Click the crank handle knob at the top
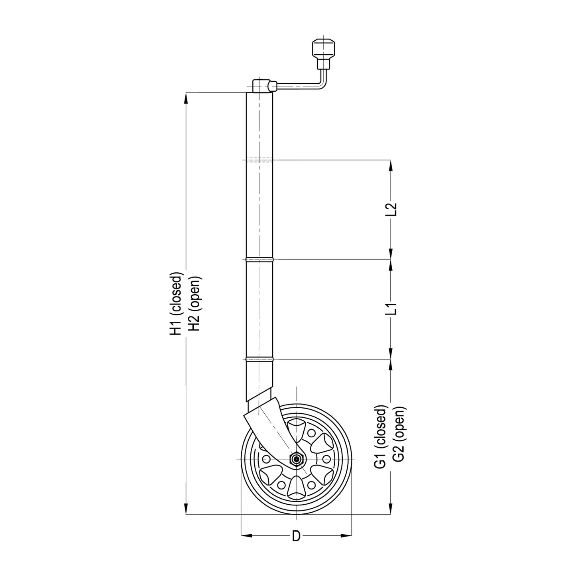(323, 48)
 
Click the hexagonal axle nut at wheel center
(296, 459)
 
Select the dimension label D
(296, 536)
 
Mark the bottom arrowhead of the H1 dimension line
(186, 509)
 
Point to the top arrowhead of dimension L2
(391, 165)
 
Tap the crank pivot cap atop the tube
(260, 85)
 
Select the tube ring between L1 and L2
(259, 260)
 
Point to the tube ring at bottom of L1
(259, 359)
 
